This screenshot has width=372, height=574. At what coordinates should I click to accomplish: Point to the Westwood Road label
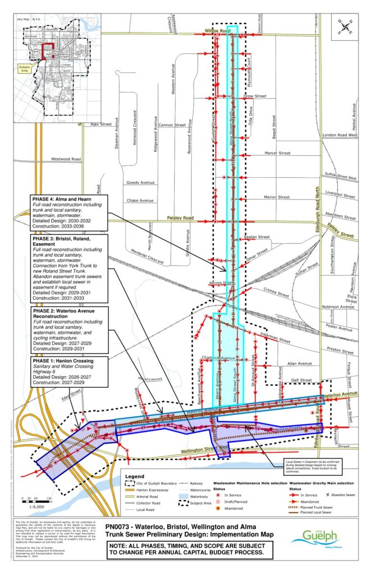point(66,159)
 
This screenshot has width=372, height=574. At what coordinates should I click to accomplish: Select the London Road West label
point(340,135)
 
